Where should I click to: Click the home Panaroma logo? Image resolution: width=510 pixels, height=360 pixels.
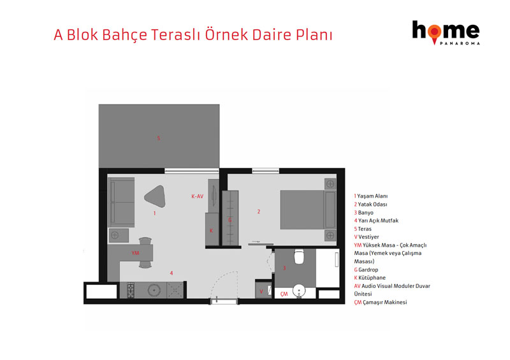[446, 32]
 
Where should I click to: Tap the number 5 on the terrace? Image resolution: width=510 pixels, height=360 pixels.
[159, 138]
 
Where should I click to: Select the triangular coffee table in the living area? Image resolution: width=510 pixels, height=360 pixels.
[155, 196]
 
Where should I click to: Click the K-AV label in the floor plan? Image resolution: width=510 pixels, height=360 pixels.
[198, 196]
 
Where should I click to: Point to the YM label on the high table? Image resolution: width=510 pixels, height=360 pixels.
[135, 253]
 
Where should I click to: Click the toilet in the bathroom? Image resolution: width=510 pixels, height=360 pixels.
[299, 257]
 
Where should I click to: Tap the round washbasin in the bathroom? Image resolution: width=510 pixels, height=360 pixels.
[299, 291]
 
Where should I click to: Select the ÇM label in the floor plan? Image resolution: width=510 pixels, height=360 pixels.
[284, 294]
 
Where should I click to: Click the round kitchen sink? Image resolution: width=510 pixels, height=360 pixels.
[154, 290]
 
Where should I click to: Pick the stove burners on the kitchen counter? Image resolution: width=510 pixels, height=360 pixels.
[131, 290]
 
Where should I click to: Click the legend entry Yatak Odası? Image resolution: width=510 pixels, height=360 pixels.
[371, 205]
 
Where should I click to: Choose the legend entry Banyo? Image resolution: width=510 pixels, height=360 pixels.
[363, 212]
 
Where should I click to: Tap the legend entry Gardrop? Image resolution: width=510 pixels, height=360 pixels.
[366, 270]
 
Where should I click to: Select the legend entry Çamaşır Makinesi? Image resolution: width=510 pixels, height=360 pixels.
[381, 302]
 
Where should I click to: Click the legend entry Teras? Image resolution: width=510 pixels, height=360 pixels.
[363, 229]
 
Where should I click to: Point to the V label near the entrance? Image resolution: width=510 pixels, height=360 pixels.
[261, 291]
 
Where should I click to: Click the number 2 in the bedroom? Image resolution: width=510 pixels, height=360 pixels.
[259, 212]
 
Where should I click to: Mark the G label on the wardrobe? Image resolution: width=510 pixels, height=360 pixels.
[230, 220]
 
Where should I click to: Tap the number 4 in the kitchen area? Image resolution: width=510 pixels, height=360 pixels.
[171, 273]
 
